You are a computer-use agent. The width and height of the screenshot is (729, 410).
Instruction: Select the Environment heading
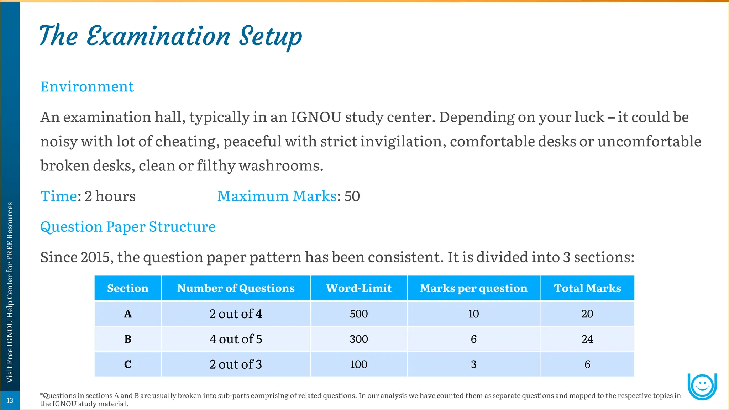tap(87, 86)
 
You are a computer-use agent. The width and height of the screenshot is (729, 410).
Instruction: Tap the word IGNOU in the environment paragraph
tap(316, 117)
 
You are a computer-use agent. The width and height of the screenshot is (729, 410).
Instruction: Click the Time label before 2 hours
tap(58, 196)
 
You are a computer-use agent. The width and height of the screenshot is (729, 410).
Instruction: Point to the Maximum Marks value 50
tap(352, 196)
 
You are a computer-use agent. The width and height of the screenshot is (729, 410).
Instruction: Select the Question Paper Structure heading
tap(128, 227)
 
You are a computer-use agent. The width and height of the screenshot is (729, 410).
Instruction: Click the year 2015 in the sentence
tap(95, 257)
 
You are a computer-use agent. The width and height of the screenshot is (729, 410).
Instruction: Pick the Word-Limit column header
tap(358, 288)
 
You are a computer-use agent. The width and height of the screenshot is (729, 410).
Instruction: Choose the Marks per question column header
tap(473, 288)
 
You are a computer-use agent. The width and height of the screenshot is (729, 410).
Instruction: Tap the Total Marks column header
tap(587, 288)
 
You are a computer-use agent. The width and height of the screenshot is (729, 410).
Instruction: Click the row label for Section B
tap(128, 339)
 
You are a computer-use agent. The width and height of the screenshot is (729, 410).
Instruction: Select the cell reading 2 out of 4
tap(236, 314)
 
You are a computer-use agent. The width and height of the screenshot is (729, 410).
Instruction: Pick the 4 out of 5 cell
tap(236, 339)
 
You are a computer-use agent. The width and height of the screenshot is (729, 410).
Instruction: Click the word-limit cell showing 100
tap(358, 364)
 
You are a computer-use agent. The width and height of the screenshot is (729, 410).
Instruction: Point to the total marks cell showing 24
tap(587, 339)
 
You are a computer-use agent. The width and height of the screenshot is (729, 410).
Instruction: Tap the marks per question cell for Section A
tap(473, 314)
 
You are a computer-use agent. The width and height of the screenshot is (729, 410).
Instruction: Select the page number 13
tap(10, 400)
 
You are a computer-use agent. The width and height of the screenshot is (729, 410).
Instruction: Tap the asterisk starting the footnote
tap(42, 394)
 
